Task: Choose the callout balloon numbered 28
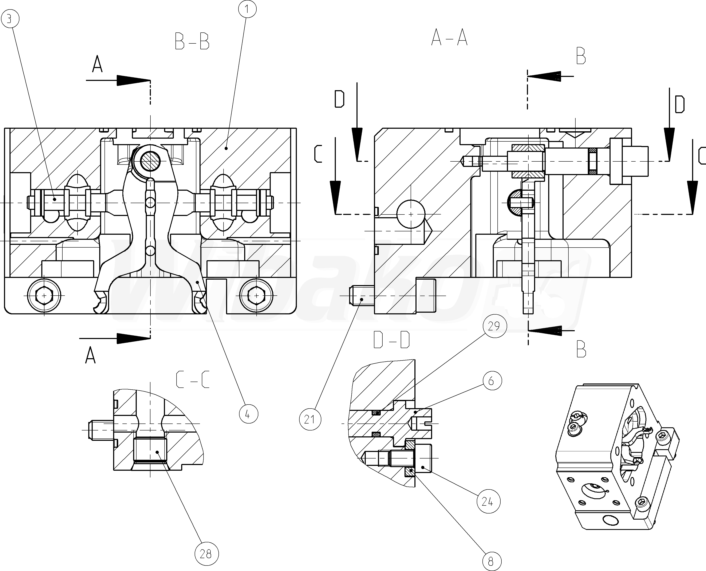click(x=206, y=554)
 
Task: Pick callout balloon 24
click(x=488, y=502)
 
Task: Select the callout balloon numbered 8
click(x=491, y=561)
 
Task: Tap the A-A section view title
click(x=449, y=38)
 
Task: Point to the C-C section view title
click(x=193, y=379)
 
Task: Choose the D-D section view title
click(x=392, y=340)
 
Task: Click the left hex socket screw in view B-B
click(x=45, y=295)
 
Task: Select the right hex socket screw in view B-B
click(x=256, y=295)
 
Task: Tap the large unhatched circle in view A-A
click(x=411, y=214)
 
